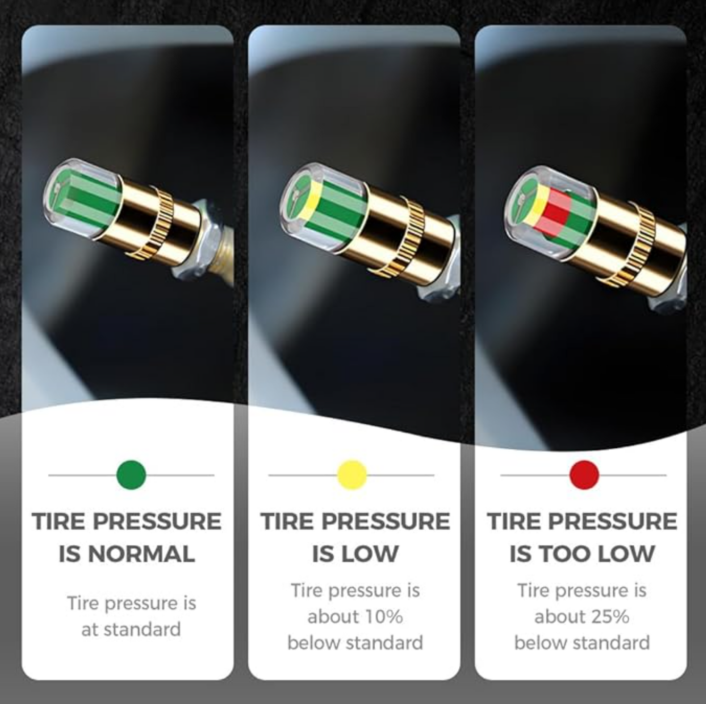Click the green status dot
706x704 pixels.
pyautogui.click(x=131, y=475)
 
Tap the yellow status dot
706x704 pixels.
pyautogui.click(x=352, y=475)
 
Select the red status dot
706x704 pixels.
pyautogui.click(x=584, y=475)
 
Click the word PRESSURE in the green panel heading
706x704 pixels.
pyautogui.click(x=157, y=521)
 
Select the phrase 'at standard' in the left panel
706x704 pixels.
pyautogui.click(x=131, y=629)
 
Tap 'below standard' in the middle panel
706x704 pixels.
pyautogui.click(x=355, y=643)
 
